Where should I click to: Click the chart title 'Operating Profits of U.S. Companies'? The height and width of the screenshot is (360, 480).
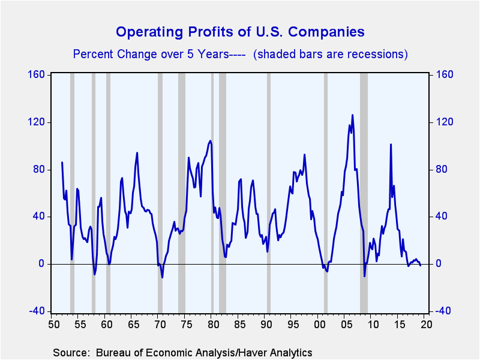tap(240, 31)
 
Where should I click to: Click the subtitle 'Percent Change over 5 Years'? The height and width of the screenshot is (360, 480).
tap(150, 54)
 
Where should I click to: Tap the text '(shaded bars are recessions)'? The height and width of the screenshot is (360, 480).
tap(331, 54)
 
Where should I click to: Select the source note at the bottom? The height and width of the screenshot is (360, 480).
tap(182, 352)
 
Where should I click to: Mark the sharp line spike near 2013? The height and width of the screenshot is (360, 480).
tap(391, 144)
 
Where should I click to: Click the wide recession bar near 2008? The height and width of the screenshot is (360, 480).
tap(364, 192)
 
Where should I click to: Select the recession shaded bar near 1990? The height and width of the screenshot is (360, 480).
tap(268, 192)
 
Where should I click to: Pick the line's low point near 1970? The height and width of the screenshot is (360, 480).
tap(162, 277)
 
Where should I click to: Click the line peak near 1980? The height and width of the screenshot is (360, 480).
tap(210, 141)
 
